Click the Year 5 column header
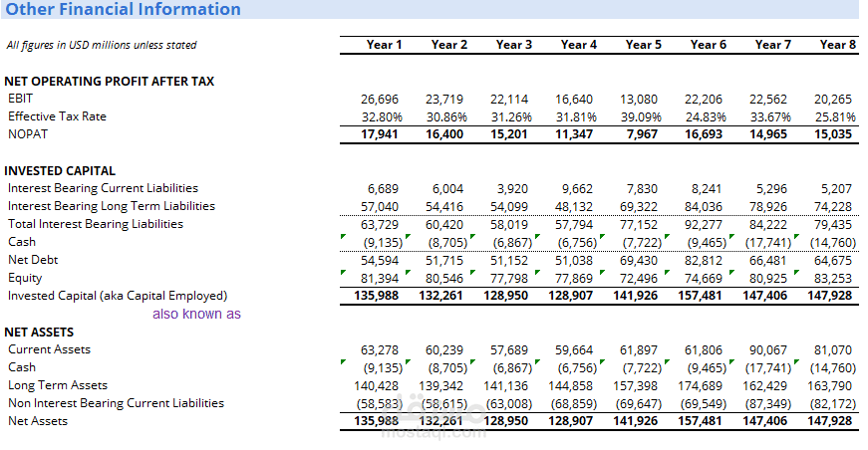point(643,45)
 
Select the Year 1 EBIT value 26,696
point(380,100)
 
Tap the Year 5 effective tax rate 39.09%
point(641,117)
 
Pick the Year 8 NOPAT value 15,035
point(832,134)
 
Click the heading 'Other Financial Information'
point(123,9)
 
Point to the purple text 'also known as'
point(196,314)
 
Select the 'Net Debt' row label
point(33,260)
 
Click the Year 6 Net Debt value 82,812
point(703,261)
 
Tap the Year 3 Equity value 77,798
point(508,279)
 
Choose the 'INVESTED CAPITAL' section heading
point(60,171)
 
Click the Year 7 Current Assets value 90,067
point(767,350)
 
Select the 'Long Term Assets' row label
point(58,385)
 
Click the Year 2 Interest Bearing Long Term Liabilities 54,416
point(443,207)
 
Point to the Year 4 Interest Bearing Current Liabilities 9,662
point(577,189)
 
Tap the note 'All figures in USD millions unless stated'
point(102,46)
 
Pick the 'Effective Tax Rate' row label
point(57,116)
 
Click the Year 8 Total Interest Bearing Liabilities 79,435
point(832,225)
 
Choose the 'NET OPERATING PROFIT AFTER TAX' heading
point(109,82)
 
